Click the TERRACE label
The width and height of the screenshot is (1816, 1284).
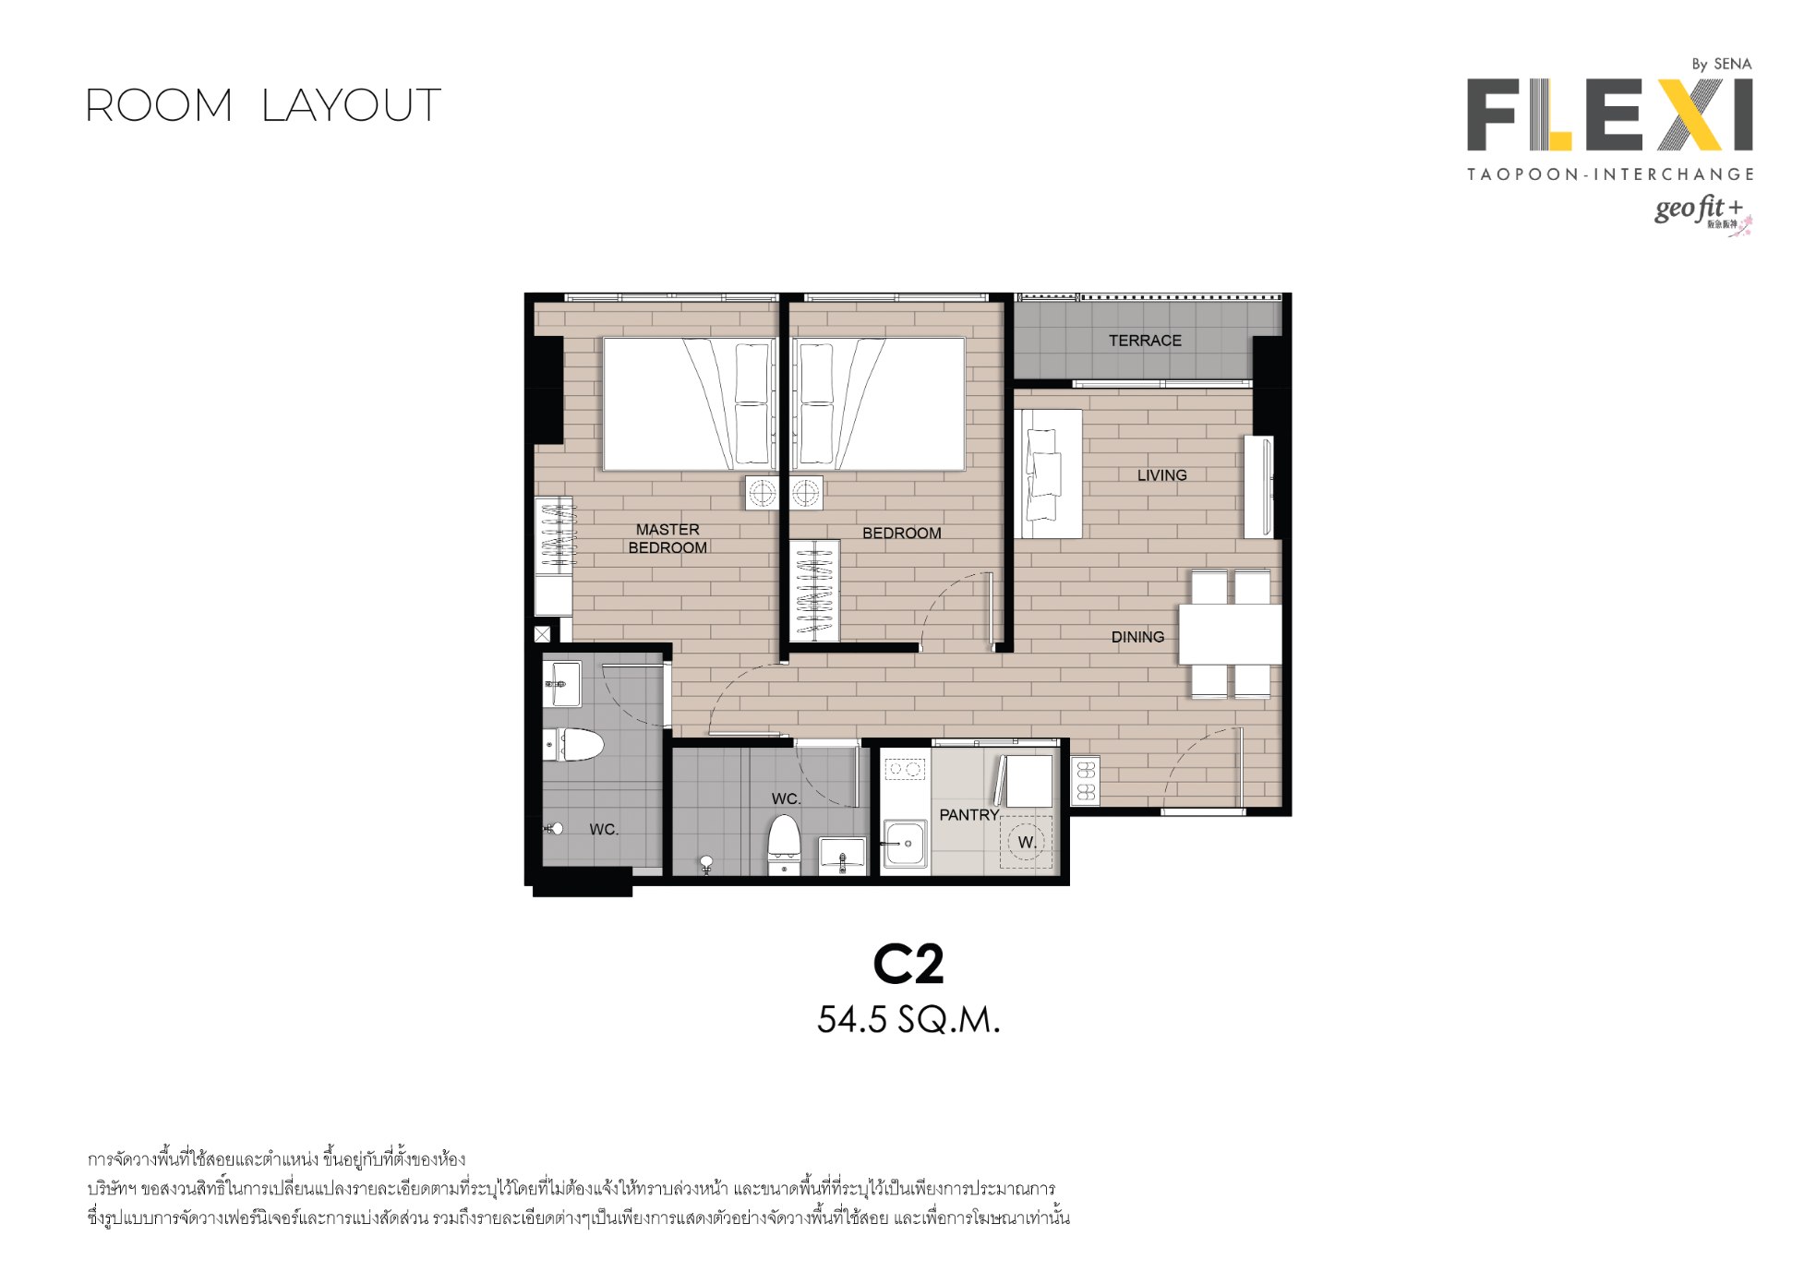1145,341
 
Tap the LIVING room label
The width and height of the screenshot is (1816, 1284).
1161,475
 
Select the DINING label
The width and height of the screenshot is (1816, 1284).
1137,637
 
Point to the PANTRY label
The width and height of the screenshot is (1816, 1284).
969,815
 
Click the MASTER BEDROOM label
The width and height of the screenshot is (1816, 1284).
667,538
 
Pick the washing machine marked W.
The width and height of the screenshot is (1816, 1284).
1026,842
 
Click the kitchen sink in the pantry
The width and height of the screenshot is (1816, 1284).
905,844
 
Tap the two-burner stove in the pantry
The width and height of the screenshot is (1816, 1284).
906,768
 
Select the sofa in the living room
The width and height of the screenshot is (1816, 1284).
1049,474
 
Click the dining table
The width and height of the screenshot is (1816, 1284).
1230,634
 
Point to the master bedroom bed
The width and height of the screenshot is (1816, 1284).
690,404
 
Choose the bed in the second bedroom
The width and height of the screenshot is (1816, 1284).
878,404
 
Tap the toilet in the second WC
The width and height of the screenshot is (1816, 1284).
785,844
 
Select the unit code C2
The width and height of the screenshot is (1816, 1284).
908,966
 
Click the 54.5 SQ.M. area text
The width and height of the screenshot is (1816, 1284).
908,1020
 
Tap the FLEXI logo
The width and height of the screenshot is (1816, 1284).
1609,115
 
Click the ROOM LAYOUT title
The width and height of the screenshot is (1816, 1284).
263,105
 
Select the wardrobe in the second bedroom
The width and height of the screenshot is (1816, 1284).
813,591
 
